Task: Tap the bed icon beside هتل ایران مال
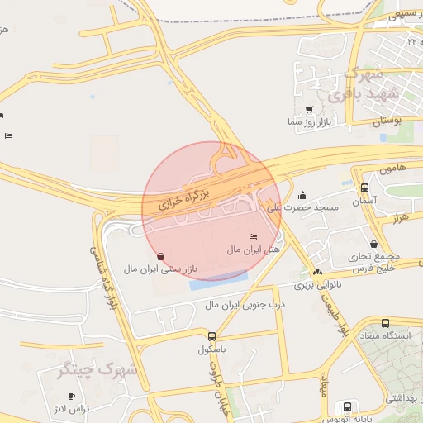coord(252,238)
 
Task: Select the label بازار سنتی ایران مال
coord(162,269)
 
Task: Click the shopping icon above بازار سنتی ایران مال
coord(159,256)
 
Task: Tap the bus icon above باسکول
coord(212,336)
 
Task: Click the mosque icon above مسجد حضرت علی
coord(303,196)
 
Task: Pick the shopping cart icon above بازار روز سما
coord(309,109)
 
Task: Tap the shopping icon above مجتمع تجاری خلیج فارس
coord(375,244)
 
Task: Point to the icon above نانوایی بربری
coord(316,272)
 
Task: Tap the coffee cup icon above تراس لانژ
coord(82,397)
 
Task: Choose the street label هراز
coord(402,216)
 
